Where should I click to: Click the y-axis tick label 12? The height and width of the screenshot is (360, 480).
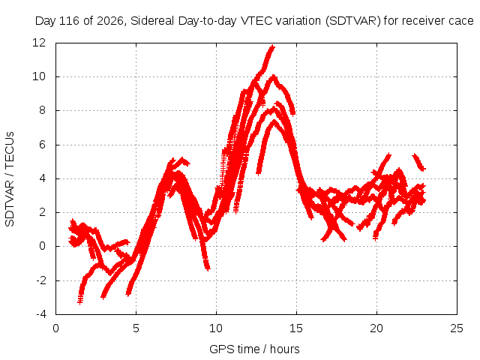tap(39, 43)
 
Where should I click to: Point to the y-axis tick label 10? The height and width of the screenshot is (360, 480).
tap(39, 76)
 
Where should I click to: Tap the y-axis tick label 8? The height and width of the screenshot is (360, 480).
tap(42, 110)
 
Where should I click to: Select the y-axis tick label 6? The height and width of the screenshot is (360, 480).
tap(42, 145)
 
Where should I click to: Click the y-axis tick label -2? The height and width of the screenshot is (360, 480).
tap(41, 280)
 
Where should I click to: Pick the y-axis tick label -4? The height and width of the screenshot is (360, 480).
tap(41, 314)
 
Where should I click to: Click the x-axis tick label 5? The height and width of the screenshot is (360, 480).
tap(136, 328)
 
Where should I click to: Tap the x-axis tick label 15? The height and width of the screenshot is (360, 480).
tap(296, 328)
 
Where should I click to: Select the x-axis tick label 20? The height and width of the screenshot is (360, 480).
tap(376, 328)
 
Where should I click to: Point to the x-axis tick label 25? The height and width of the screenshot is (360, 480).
tap(457, 328)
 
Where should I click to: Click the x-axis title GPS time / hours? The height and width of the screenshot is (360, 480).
tap(254, 349)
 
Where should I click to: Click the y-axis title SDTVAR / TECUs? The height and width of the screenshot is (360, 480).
tap(10, 179)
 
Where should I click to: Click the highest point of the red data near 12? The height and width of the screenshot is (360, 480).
tap(271, 46)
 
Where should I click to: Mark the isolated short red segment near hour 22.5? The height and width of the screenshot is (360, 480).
tap(418, 162)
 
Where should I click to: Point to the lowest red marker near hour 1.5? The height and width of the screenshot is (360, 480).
tap(80, 301)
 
